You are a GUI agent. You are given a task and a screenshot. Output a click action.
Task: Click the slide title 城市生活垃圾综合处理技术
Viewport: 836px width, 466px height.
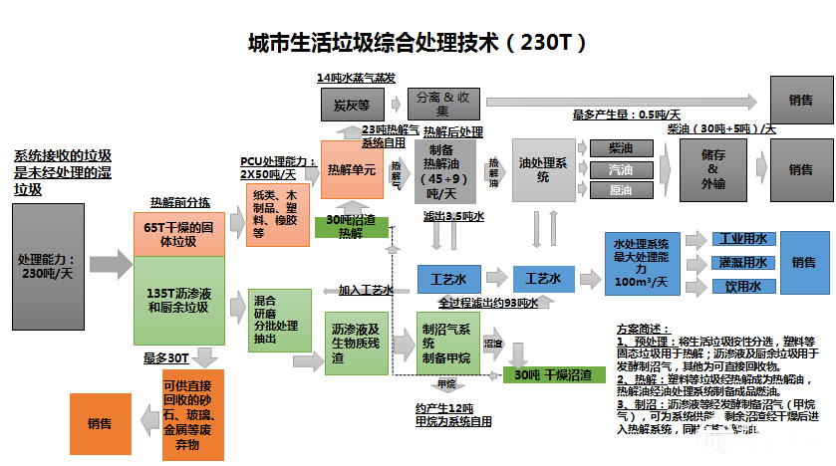coord(417,44)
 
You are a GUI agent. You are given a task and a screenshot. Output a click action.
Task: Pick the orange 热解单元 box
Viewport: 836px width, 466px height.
coord(352,170)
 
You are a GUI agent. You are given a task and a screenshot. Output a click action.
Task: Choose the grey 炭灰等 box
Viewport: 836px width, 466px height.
coord(352,102)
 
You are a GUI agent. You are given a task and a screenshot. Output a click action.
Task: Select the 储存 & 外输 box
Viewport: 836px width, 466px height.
coord(711,169)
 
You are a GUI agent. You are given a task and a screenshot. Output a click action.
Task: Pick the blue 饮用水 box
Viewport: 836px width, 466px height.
coord(741,287)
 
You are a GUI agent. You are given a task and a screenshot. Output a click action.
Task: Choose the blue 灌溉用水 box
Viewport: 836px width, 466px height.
coord(741,263)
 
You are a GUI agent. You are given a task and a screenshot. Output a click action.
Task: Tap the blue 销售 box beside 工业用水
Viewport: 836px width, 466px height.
coord(803,263)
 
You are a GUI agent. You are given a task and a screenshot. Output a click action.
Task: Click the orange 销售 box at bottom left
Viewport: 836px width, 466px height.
coord(100,423)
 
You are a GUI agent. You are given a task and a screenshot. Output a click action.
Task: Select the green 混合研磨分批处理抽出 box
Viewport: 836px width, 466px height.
coord(279,319)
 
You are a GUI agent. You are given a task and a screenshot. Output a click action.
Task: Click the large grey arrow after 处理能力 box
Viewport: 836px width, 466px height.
coord(112,265)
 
